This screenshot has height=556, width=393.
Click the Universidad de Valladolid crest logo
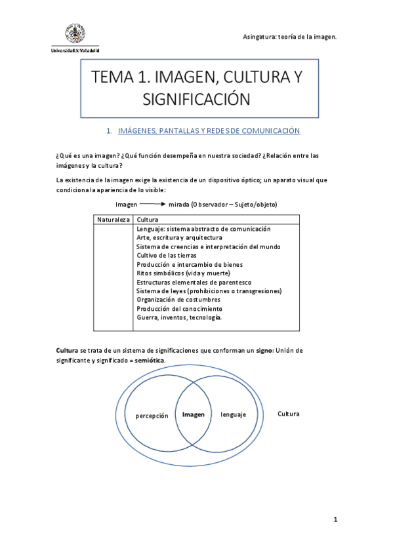(x=74, y=35)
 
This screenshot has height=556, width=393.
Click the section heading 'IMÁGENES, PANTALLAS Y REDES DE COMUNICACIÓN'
(x=209, y=131)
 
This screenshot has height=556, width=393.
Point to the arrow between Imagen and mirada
(x=153, y=205)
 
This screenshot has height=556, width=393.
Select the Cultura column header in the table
(x=148, y=219)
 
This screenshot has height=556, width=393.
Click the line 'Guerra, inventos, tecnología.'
(x=179, y=317)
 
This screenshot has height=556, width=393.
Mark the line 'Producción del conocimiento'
(x=179, y=308)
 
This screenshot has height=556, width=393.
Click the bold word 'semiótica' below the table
(x=149, y=361)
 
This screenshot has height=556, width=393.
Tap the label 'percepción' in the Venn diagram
(x=152, y=416)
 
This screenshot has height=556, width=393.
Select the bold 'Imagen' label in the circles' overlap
(x=194, y=414)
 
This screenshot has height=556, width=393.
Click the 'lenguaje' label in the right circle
(x=233, y=414)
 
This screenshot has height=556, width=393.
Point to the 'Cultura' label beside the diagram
(x=289, y=414)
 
